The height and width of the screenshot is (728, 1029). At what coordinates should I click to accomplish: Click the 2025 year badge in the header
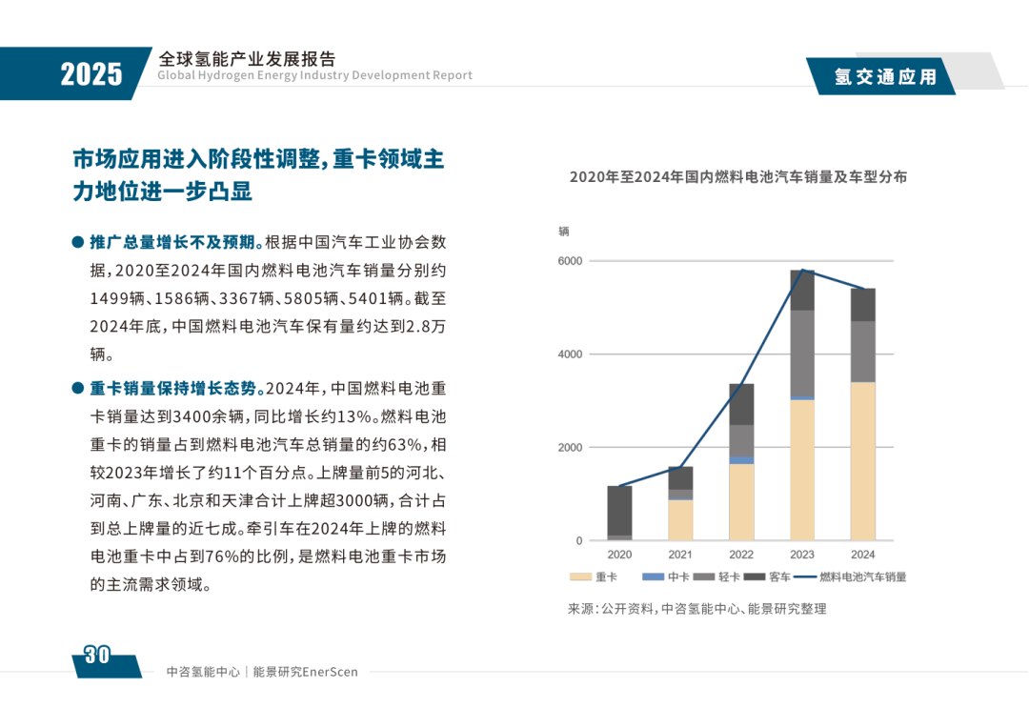pos(91,73)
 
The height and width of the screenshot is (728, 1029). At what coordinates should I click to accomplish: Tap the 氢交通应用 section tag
pos(885,77)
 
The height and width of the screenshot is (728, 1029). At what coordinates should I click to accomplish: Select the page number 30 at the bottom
pos(97,655)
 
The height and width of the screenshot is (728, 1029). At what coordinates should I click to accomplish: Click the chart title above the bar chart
pos(738,176)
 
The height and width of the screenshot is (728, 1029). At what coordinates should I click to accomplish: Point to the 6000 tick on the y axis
pos(570,261)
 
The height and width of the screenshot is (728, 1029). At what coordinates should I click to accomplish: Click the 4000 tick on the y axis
pos(570,354)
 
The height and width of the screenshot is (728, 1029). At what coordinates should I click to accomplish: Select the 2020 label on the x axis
pos(619,555)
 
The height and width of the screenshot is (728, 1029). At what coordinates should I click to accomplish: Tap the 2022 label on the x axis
pos(741,555)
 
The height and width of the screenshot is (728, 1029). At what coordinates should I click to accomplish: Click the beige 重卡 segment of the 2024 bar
pos(862,462)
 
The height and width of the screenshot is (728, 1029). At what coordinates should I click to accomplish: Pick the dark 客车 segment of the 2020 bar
pos(619,510)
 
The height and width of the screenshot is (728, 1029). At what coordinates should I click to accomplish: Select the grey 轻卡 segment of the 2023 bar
pos(802,353)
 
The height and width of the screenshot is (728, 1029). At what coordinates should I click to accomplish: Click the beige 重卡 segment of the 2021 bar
pos(680,520)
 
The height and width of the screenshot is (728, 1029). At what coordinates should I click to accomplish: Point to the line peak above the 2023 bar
pos(802,271)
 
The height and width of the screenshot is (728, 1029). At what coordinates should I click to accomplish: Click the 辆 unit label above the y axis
pos(564,232)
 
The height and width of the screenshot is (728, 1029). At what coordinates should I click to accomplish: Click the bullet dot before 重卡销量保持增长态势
pos(78,388)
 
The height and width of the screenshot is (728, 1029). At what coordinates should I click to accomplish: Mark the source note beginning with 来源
pos(696,609)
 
